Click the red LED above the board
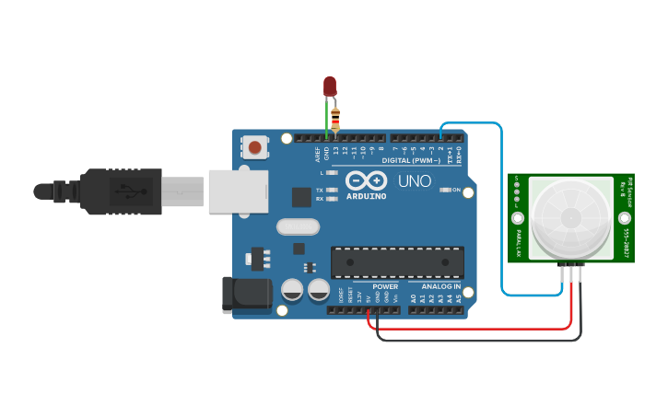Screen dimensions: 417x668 [x=330, y=86]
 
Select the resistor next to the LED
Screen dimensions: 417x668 [x=335, y=119]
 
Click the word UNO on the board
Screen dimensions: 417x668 [x=414, y=181]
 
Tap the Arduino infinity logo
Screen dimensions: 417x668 [x=366, y=180]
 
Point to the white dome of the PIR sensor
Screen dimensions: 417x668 [x=571, y=217]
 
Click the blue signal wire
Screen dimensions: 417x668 [x=502, y=212]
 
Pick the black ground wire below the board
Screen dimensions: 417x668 [x=479, y=340]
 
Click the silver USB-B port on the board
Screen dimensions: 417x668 [x=238, y=191]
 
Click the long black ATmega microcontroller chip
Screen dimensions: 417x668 [x=397, y=262]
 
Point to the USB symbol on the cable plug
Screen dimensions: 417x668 [x=126, y=192]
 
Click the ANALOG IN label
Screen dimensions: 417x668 [x=440, y=287]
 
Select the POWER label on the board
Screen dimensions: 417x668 [x=385, y=287]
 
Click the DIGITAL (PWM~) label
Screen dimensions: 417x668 [x=411, y=160]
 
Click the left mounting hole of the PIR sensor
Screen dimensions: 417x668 [x=518, y=219]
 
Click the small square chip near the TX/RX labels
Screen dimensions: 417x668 [x=301, y=196]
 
